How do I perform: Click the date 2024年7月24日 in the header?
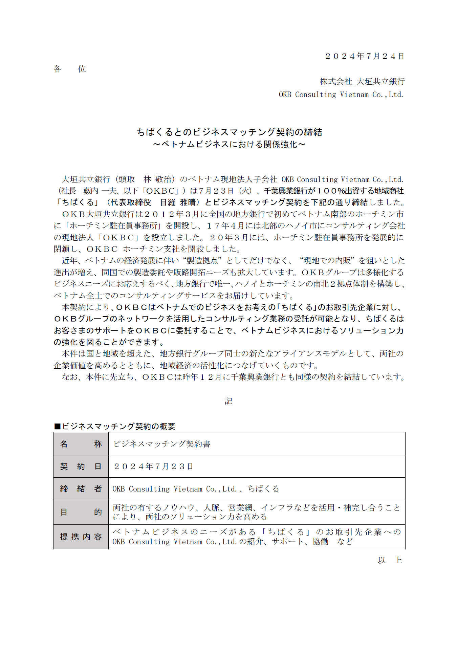click(x=365, y=56)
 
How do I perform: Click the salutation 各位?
click(x=70, y=69)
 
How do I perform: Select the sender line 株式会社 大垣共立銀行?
click(x=362, y=81)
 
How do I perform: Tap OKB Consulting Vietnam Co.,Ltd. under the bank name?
click(x=341, y=94)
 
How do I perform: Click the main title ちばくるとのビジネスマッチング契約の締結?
click(x=229, y=132)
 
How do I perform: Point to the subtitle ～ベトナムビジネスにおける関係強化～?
click(x=229, y=144)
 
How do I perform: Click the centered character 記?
click(x=228, y=401)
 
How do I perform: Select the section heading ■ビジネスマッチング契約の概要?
click(x=115, y=426)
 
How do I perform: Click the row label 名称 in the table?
click(x=81, y=444)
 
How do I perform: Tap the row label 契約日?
click(x=81, y=466)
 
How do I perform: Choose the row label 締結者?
click(x=81, y=489)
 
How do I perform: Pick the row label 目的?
click(x=81, y=512)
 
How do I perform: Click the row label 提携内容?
click(x=81, y=537)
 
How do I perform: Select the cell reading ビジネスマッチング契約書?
click(x=162, y=444)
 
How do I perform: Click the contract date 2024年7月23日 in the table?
click(x=153, y=466)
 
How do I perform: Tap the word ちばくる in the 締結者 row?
click(x=263, y=489)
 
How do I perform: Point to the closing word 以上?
click(x=390, y=560)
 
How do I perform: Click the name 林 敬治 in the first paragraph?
click(x=158, y=179)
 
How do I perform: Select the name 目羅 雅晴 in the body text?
click(x=178, y=202)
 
